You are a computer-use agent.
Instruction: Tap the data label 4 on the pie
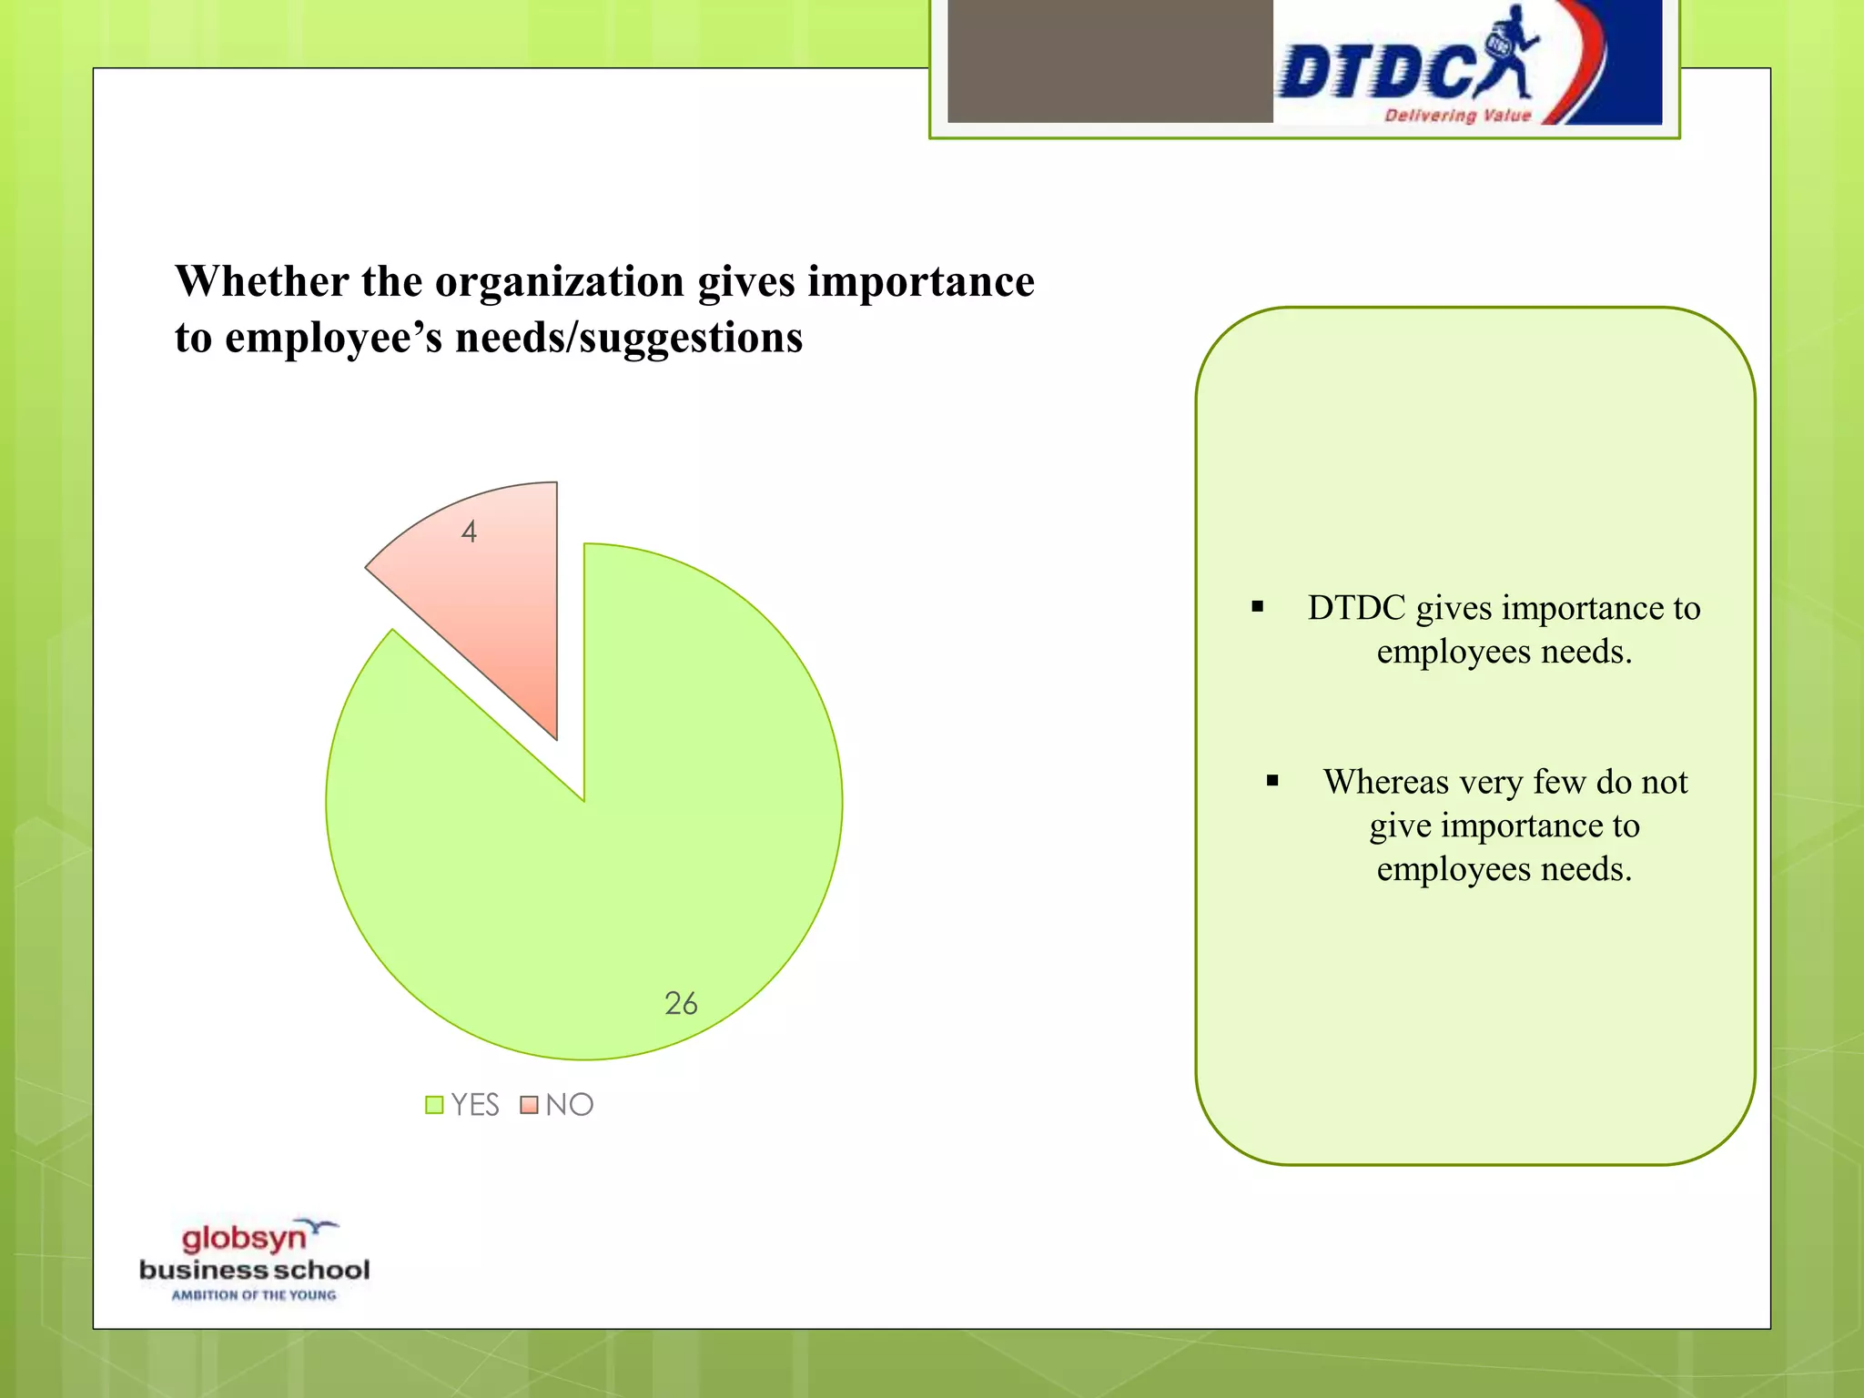coord(469,532)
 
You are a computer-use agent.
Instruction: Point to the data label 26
coord(681,1003)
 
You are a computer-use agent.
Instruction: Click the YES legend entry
coord(463,1105)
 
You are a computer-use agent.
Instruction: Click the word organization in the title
coord(559,281)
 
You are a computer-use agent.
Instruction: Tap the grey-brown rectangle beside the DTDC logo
coord(1109,61)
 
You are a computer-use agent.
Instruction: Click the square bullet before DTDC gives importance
coord(1258,607)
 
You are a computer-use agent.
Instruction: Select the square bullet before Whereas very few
coord(1272,781)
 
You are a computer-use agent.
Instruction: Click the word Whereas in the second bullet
coord(1385,783)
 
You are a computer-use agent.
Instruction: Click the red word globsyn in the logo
coord(243,1238)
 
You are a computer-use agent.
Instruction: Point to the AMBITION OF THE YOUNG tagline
coord(254,1295)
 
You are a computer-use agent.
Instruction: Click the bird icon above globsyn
coord(320,1227)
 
